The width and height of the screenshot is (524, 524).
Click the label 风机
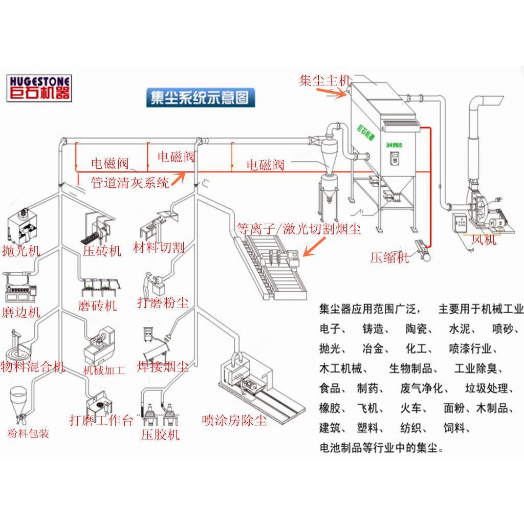tap(484, 239)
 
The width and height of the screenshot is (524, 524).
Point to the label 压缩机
tap(389, 257)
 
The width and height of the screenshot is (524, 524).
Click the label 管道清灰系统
tap(130, 183)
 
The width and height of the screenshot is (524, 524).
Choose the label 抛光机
tap(21, 251)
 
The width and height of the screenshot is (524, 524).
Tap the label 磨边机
tap(21, 312)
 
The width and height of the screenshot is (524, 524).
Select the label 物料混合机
tap(33, 366)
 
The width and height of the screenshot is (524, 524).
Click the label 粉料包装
tap(29, 434)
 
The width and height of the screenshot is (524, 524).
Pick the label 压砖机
tap(102, 251)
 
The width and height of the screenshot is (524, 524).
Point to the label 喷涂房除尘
tap(234, 421)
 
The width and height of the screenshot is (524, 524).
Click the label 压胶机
tap(161, 435)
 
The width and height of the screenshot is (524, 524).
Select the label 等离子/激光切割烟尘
tap(298, 229)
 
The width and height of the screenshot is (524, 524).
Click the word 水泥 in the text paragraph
tap(458, 329)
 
